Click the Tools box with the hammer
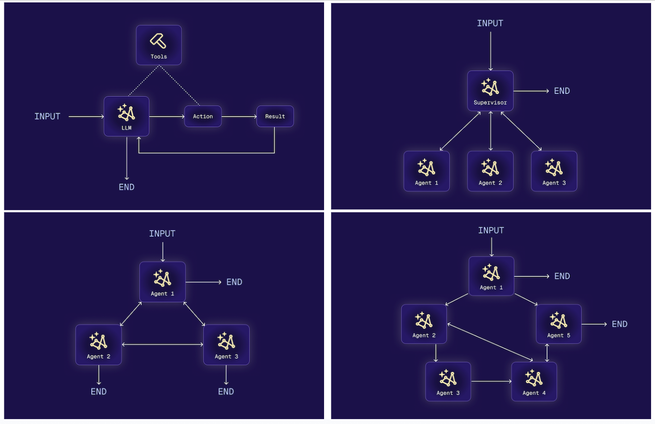pyautogui.click(x=159, y=45)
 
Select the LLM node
pyautogui.click(x=126, y=116)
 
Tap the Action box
pyautogui.click(x=203, y=117)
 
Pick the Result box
pyautogui.click(x=275, y=117)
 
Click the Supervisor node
pyautogui.click(x=490, y=91)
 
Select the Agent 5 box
pyautogui.click(x=559, y=324)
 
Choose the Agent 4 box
pyautogui.click(x=534, y=382)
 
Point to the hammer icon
pyautogui.click(x=158, y=40)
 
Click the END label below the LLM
pyautogui.click(x=126, y=187)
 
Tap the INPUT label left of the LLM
pyautogui.click(x=47, y=117)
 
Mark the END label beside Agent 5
pyautogui.click(x=620, y=324)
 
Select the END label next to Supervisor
pyautogui.click(x=562, y=91)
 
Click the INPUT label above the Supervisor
pyautogui.click(x=490, y=23)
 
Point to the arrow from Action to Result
pyautogui.click(x=239, y=117)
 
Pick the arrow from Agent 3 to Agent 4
pyautogui.click(x=491, y=381)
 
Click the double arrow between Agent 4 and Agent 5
pyautogui.click(x=547, y=353)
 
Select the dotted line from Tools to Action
pyautogui.click(x=179, y=85)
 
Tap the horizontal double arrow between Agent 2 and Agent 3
pyautogui.click(x=162, y=344)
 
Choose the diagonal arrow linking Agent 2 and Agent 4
pyautogui.click(x=490, y=342)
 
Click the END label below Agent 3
pyautogui.click(x=226, y=392)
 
